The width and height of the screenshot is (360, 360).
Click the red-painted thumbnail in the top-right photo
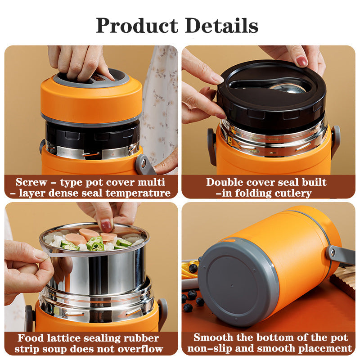point(302,62)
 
